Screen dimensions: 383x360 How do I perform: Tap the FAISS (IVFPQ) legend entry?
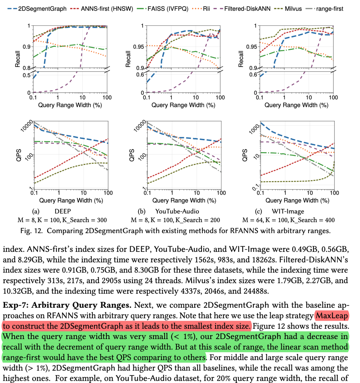pos(168,9)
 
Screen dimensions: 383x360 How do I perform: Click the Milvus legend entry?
pos(292,9)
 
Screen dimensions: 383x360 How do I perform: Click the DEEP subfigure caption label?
pos(63,211)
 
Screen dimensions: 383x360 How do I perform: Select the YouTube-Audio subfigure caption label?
pos(177,211)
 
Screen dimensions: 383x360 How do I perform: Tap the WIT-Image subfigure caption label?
pos(288,211)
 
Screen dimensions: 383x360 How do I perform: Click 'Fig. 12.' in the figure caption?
pos(32,231)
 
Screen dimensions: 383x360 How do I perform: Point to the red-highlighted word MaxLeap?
pos(332,315)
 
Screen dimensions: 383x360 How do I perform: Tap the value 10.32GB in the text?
pos(17,291)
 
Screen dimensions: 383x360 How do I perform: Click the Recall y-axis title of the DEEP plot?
pos(18,59)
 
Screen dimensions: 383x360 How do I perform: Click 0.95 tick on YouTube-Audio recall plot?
pos(139,47)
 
